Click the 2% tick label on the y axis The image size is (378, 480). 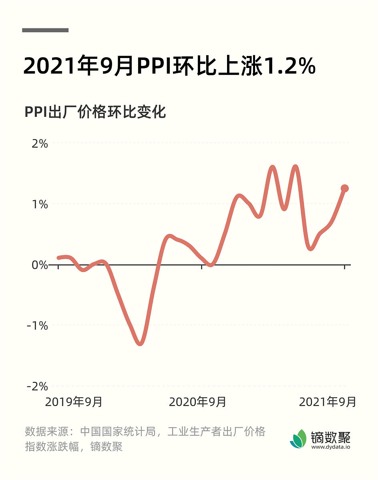(39, 144)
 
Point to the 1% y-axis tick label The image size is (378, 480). (39, 204)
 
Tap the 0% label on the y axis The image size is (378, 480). (39, 265)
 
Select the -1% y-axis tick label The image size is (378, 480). (38, 326)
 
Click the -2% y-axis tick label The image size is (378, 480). (38, 386)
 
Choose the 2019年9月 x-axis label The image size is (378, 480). (74, 402)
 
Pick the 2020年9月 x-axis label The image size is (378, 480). (197, 402)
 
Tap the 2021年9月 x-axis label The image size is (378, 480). (328, 402)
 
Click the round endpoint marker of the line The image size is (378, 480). (344, 188)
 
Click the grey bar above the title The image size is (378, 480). (45, 30)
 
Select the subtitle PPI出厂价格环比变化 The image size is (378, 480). (95, 112)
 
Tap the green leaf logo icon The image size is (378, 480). (298, 439)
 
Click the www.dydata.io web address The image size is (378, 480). (330, 447)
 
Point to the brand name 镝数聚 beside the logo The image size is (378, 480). (331, 436)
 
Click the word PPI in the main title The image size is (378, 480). (154, 67)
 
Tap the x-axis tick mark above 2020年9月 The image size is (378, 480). (201, 267)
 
